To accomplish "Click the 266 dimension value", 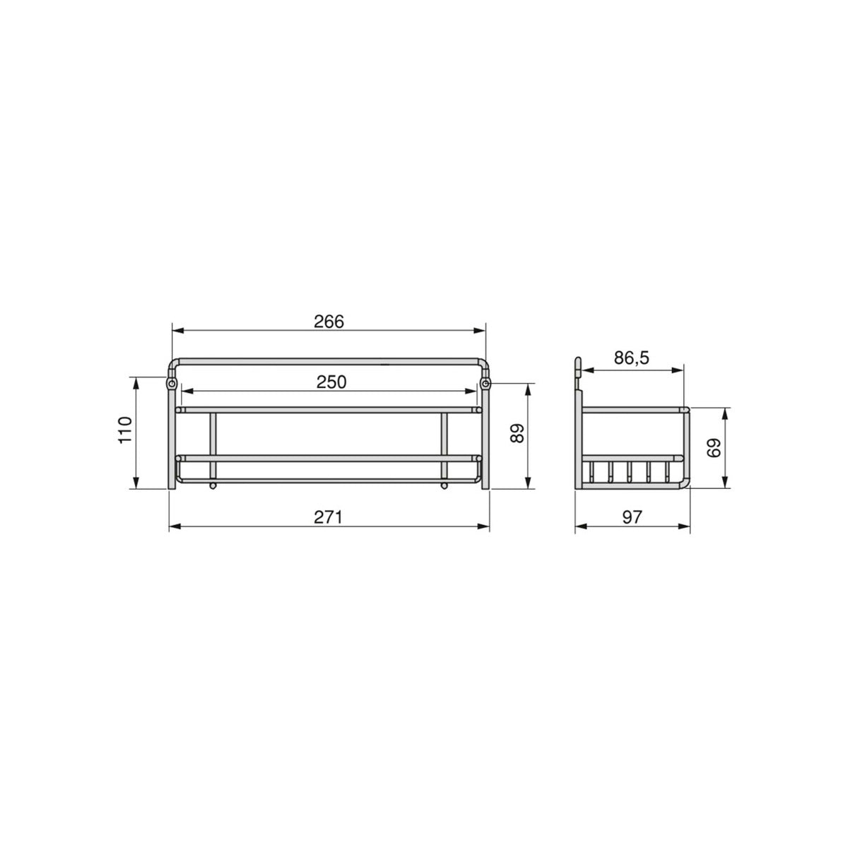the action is point(329,322).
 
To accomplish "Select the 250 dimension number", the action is point(331,382).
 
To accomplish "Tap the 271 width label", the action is point(328,517).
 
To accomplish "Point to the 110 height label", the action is point(125,430).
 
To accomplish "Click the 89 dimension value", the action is point(517,433).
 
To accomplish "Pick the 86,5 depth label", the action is point(632,358).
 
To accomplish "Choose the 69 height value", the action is point(714,448).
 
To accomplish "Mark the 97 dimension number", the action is point(632,517).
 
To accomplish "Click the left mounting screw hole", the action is point(172,384).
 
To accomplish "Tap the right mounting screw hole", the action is point(485,384).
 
